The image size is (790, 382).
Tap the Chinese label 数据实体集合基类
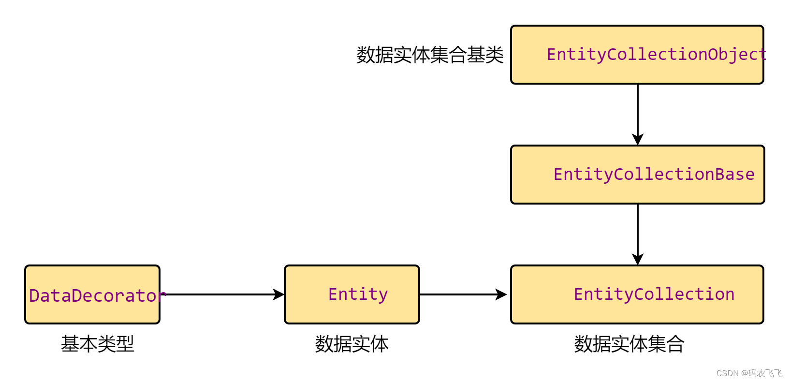(x=430, y=55)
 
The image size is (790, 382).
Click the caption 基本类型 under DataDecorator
(x=97, y=344)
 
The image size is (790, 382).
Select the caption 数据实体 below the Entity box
(x=351, y=344)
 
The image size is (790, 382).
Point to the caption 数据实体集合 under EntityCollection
(x=629, y=344)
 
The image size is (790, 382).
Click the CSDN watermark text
(x=749, y=373)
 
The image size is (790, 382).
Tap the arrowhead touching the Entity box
(x=278, y=294)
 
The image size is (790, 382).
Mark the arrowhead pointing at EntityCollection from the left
(x=501, y=294)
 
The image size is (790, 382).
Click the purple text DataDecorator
(x=97, y=295)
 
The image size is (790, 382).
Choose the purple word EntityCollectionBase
(x=654, y=174)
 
